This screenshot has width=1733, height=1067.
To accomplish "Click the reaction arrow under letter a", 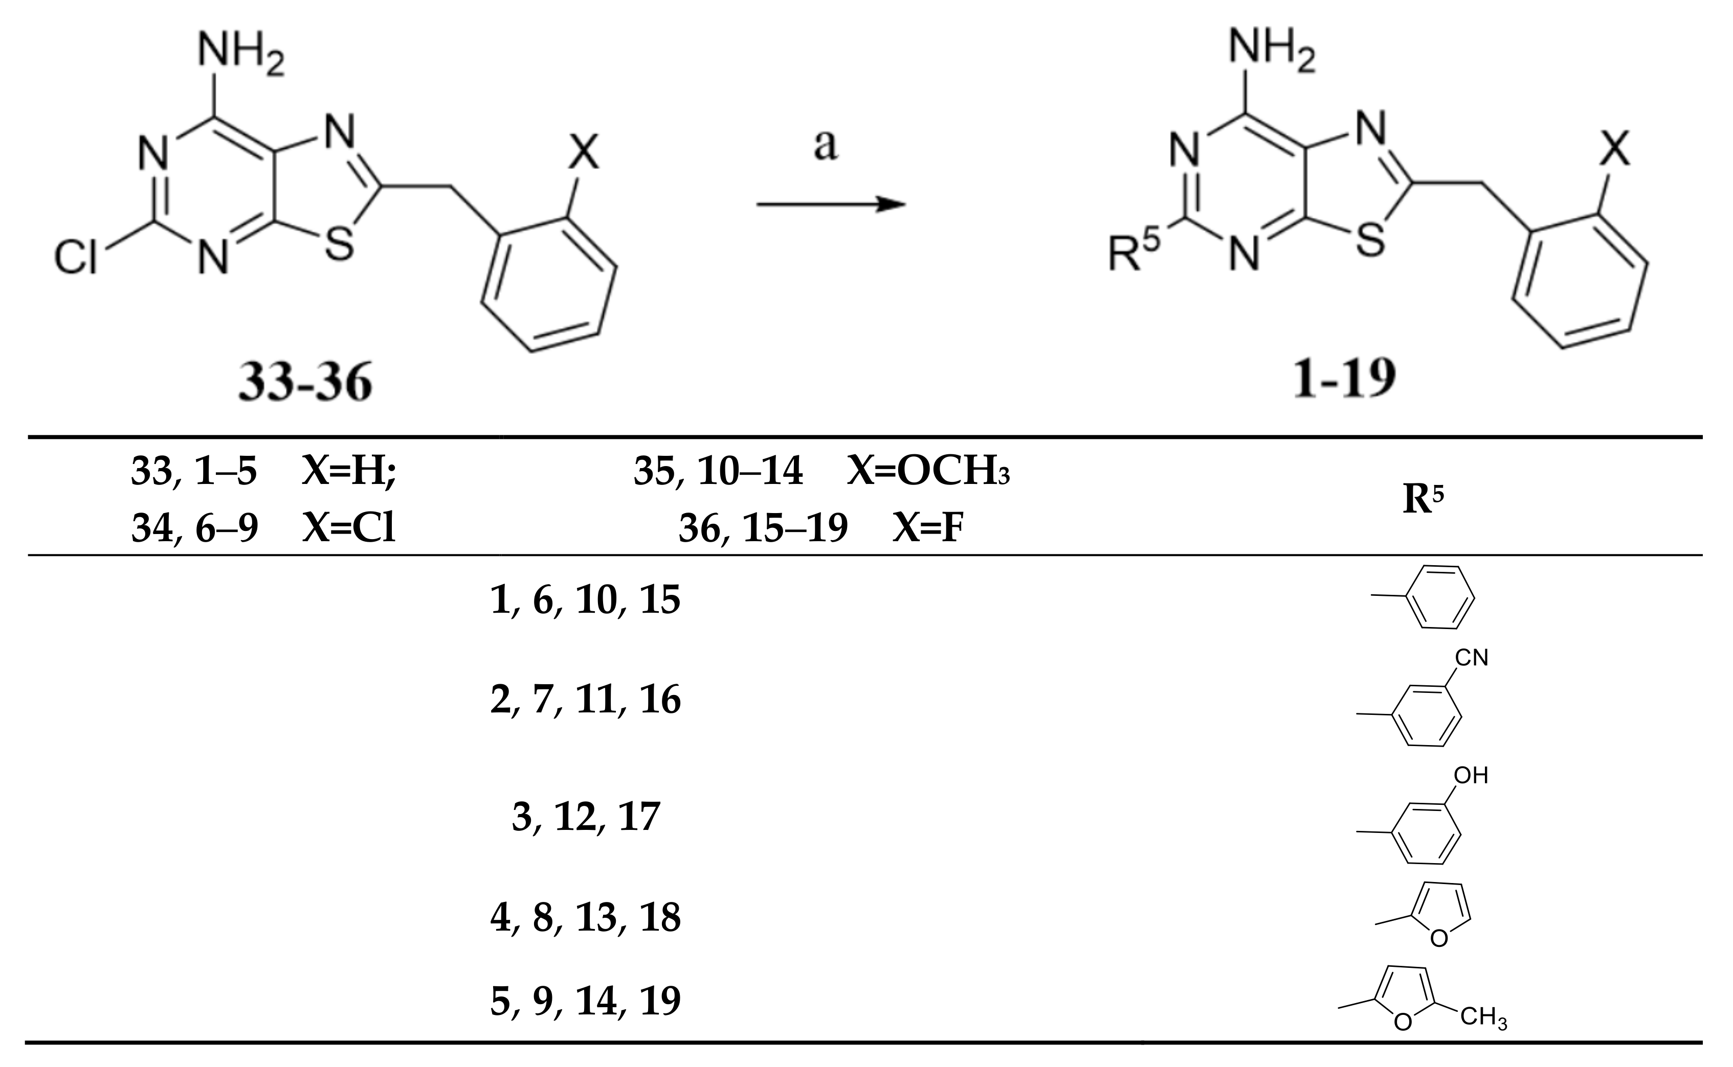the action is coord(831,204).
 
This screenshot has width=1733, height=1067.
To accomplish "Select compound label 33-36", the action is coord(305,382).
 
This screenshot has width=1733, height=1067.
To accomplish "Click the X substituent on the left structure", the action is coord(583,152).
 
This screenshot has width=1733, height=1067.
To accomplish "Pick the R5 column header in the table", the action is coord(1423,500).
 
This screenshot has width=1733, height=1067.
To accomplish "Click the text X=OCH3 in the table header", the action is coord(928,471).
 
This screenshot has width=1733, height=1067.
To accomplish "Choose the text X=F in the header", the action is coord(928,528).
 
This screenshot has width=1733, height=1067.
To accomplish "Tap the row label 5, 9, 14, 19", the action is coord(585,1000).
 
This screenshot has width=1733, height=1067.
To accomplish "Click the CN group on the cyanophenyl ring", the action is coord(1471,658).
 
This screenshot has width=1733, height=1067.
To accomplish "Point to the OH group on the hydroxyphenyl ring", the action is coord(1471,776).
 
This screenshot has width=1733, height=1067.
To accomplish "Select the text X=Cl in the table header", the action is coord(349,528).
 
